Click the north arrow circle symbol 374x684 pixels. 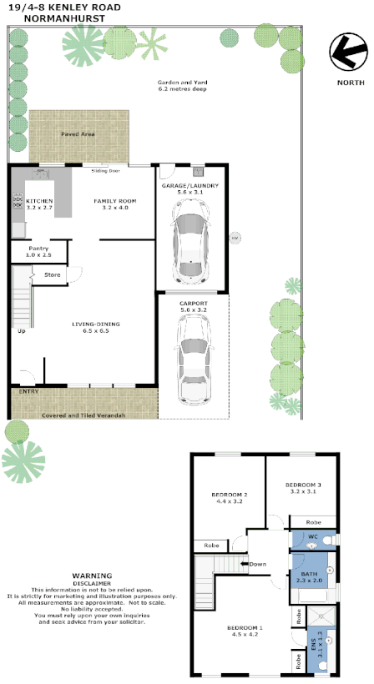pyautogui.click(x=349, y=53)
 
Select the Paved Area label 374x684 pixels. pyautogui.click(x=78, y=133)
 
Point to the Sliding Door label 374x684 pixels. pyautogui.click(x=105, y=170)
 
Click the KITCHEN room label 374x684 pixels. pyautogui.click(x=39, y=202)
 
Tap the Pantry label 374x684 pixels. pyautogui.click(x=38, y=249)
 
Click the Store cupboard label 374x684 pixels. pyautogui.click(x=52, y=274)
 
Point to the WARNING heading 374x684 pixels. pyautogui.click(x=91, y=576)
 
